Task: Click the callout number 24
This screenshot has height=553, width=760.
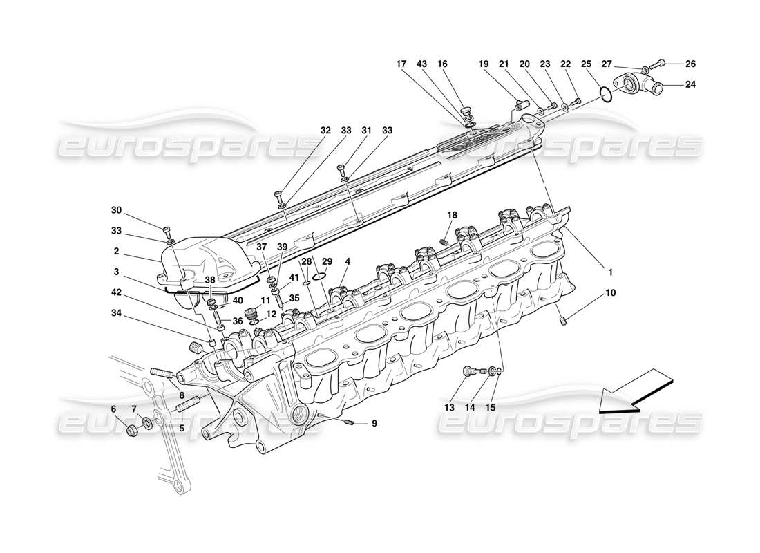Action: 690,85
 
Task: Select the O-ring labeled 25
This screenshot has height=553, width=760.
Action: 604,93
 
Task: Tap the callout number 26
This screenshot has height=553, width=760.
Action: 690,64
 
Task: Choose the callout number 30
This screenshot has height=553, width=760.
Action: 115,210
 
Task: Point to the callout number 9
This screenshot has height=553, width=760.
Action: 374,424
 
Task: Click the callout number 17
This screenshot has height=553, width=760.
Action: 401,64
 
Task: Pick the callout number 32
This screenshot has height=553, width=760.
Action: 325,129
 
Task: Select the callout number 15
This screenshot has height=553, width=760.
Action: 491,407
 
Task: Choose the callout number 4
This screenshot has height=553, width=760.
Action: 348,261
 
